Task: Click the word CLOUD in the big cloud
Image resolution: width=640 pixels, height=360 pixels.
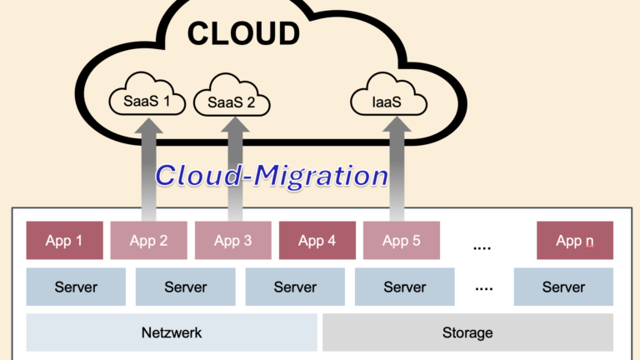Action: pos(242,33)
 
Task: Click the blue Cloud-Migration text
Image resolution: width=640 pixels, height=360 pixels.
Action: pos(272,176)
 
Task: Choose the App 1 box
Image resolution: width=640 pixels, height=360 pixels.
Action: pos(64,241)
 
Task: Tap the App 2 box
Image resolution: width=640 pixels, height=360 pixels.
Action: pos(148,241)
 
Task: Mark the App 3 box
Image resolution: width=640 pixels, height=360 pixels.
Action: pos(232,241)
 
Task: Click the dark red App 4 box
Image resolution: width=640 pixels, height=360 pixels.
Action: pos(317,241)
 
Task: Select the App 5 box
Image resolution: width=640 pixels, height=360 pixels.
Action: pos(401,241)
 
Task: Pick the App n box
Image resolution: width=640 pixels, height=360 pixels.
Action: pos(575,241)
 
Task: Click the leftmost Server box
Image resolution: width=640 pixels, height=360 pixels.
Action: pos(76,287)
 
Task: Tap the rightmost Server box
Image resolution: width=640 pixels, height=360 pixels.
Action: pos(563,287)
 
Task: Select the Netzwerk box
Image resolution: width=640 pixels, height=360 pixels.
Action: pos(172,332)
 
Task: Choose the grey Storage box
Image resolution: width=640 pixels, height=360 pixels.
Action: pos(467,332)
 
